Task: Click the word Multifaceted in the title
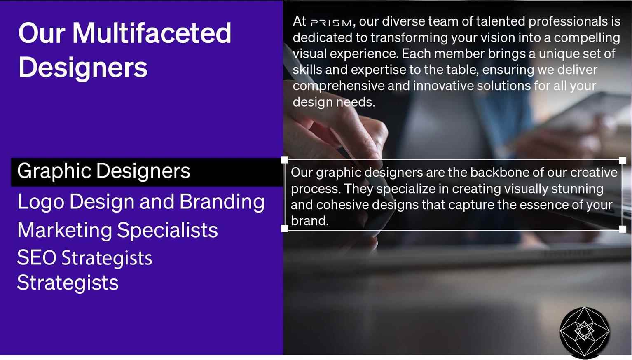(152, 33)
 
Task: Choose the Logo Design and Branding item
(141, 202)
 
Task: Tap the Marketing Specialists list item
(117, 230)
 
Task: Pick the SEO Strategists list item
(84, 258)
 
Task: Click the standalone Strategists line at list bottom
(68, 283)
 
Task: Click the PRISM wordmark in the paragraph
(331, 23)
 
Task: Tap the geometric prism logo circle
(585, 332)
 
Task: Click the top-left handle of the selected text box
(285, 160)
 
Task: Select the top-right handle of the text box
(623, 160)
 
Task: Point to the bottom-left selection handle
(285, 229)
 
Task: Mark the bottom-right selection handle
(623, 229)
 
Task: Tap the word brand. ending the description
(310, 221)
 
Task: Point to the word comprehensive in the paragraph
(339, 86)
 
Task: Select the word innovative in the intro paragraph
(443, 86)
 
